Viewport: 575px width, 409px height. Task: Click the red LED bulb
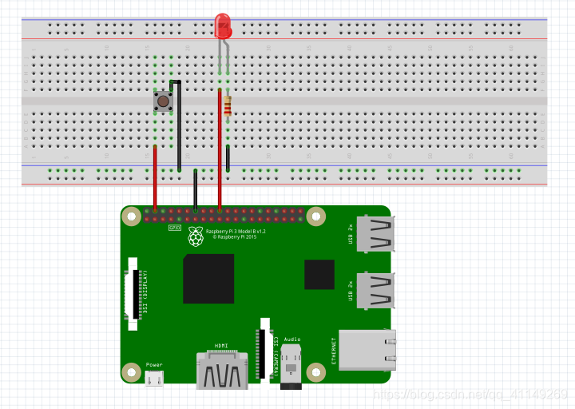[x=223, y=27]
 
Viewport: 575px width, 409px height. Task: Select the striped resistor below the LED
[x=228, y=105]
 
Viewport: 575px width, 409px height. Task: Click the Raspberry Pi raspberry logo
[x=196, y=236]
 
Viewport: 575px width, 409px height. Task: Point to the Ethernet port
[x=366, y=349]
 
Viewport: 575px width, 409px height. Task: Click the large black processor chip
[x=208, y=278]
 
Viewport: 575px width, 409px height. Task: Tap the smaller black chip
[x=319, y=274]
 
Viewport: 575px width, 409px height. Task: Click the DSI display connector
[x=134, y=293]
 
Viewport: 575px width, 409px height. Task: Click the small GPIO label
[x=174, y=227]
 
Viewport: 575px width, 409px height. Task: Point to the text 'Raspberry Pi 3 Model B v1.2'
[x=236, y=231]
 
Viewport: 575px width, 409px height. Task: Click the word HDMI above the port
[x=221, y=346]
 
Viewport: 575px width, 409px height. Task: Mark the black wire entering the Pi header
[x=196, y=192]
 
